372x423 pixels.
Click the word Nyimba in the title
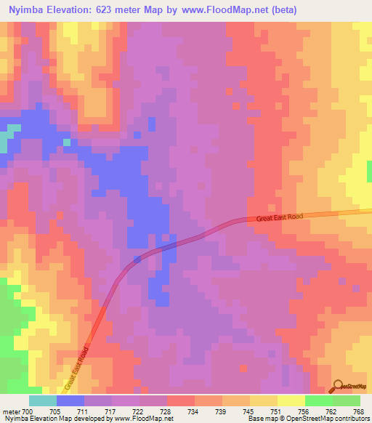[28, 11]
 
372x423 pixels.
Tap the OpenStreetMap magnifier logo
[336, 385]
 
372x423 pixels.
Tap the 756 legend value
[319, 411]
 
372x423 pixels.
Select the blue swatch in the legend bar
[70, 400]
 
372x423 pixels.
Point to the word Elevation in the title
[74, 11]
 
